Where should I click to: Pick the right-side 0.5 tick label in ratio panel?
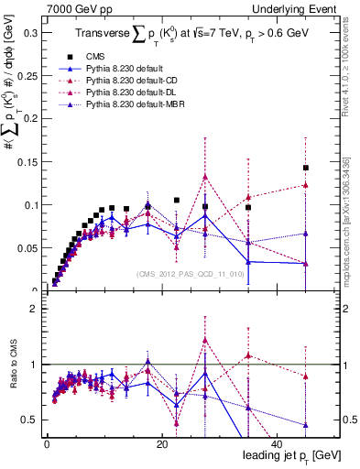coord(347,420)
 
